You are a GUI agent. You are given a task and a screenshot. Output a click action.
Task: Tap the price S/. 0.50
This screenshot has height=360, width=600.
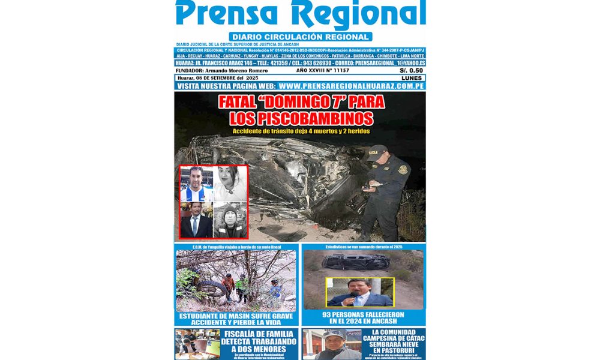(x=411, y=70)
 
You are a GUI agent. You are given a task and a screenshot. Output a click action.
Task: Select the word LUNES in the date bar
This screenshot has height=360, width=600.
(x=410, y=78)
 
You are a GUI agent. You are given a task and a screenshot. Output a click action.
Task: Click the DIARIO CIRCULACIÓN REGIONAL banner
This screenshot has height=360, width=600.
(x=300, y=37)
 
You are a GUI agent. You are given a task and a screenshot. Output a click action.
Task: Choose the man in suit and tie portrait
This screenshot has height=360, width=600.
(x=196, y=220)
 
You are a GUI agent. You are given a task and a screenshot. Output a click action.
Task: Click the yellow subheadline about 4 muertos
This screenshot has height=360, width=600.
(x=300, y=131)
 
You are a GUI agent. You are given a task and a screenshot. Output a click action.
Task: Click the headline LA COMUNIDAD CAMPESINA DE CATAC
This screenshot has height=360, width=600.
(x=394, y=340)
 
